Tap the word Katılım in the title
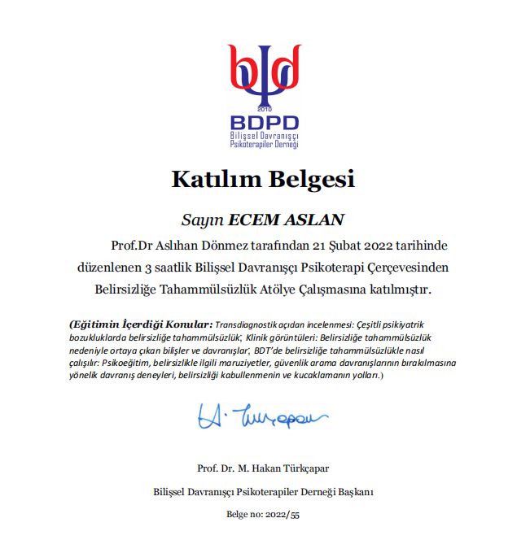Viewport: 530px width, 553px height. [211, 179]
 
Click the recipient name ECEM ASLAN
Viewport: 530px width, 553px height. [287, 220]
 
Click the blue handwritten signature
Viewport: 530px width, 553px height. [261, 418]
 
